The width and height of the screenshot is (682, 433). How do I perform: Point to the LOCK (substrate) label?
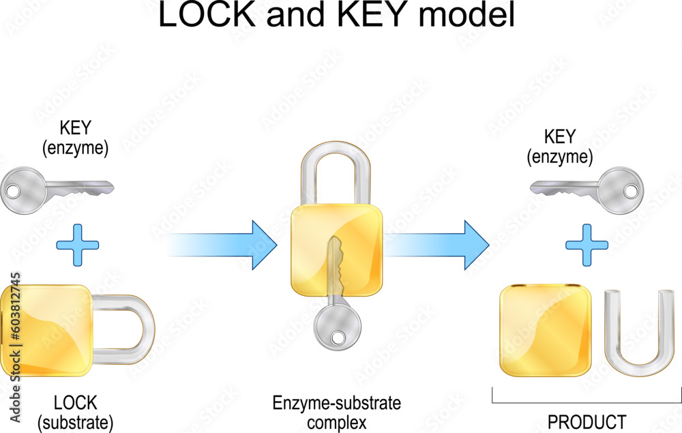tap(75, 412)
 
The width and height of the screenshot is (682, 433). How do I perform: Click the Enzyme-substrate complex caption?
tap(337, 412)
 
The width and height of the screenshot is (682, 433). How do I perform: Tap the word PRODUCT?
tap(586, 421)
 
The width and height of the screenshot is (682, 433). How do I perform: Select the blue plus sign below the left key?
tap(76, 244)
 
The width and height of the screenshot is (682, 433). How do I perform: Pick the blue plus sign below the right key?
tap(587, 244)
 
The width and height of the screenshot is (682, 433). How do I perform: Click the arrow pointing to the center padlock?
tap(225, 244)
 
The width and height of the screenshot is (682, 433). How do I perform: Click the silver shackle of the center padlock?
tap(336, 174)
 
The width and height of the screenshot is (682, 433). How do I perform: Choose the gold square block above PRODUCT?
tap(545, 331)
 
